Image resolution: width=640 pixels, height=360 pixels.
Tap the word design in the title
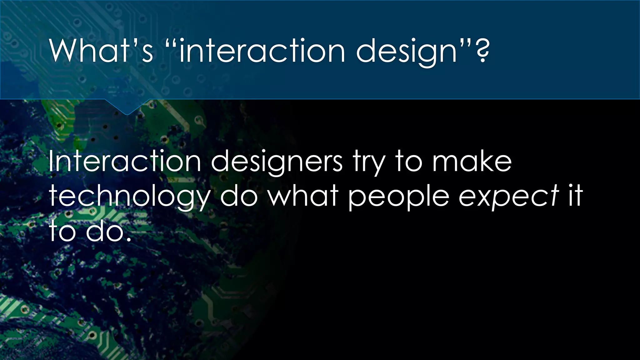pyautogui.click(x=406, y=52)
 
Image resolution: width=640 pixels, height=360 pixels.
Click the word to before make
pyautogui.click(x=409, y=162)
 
